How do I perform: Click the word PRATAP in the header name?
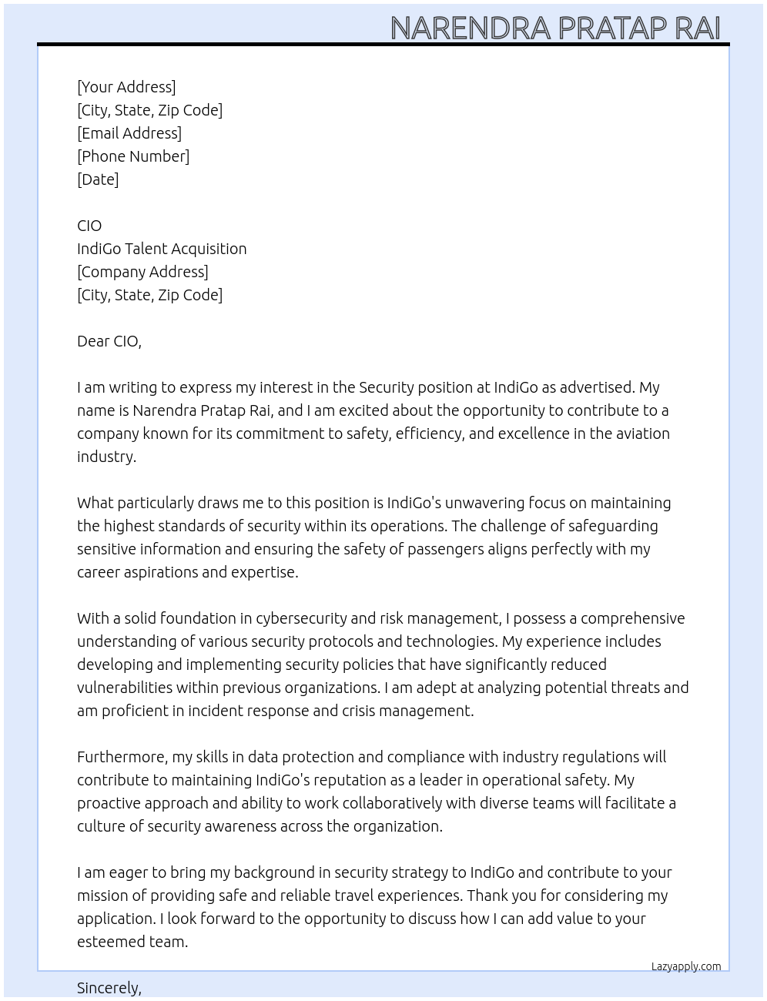click(612, 28)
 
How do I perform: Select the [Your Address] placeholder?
click(126, 87)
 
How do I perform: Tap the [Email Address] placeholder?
click(129, 133)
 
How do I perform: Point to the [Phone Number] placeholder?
click(133, 156)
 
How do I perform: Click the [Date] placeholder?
click(98, 179)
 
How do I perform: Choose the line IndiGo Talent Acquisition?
click(162, 249)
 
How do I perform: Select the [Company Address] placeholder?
click(142, 272)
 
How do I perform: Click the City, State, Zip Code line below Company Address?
click(149, 295)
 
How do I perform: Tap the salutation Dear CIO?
click(109, 341)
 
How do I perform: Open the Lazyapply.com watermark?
click(686, 966)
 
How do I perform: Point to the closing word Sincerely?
click(109, 988)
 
